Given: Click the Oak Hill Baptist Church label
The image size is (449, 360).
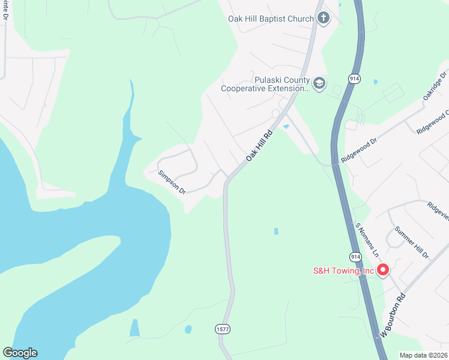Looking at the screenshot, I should (271, 19).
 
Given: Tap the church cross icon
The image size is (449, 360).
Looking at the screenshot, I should (323, 18).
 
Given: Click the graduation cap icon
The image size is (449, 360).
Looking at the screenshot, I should (319, 83).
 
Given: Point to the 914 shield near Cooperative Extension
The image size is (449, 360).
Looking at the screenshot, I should (354, 79).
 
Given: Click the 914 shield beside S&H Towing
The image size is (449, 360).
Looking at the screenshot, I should (356, 256).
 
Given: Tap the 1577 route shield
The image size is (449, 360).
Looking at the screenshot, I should (222, 329).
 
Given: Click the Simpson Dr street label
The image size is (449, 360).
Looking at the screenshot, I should (172, 182).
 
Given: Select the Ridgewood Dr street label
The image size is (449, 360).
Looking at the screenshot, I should (358, 150).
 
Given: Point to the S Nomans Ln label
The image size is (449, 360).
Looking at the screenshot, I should (367, 241).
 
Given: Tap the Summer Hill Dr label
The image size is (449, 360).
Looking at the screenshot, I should (412, 242).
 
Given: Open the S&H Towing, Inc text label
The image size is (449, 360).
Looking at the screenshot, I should (343, 271).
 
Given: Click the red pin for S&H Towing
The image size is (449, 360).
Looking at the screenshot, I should (383, 270).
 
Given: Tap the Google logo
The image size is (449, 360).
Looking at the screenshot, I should (20, 353).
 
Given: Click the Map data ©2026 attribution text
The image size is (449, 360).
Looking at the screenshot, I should (423, 355).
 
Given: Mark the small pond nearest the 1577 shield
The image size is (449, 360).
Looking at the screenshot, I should (188, 329).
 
